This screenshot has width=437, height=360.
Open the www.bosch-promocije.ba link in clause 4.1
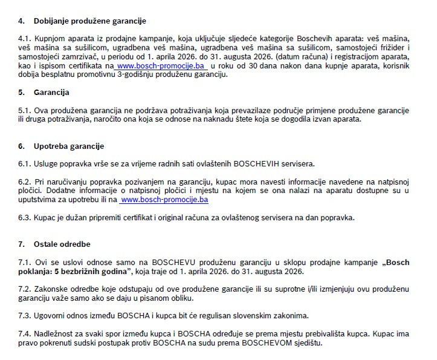click(162, 65)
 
